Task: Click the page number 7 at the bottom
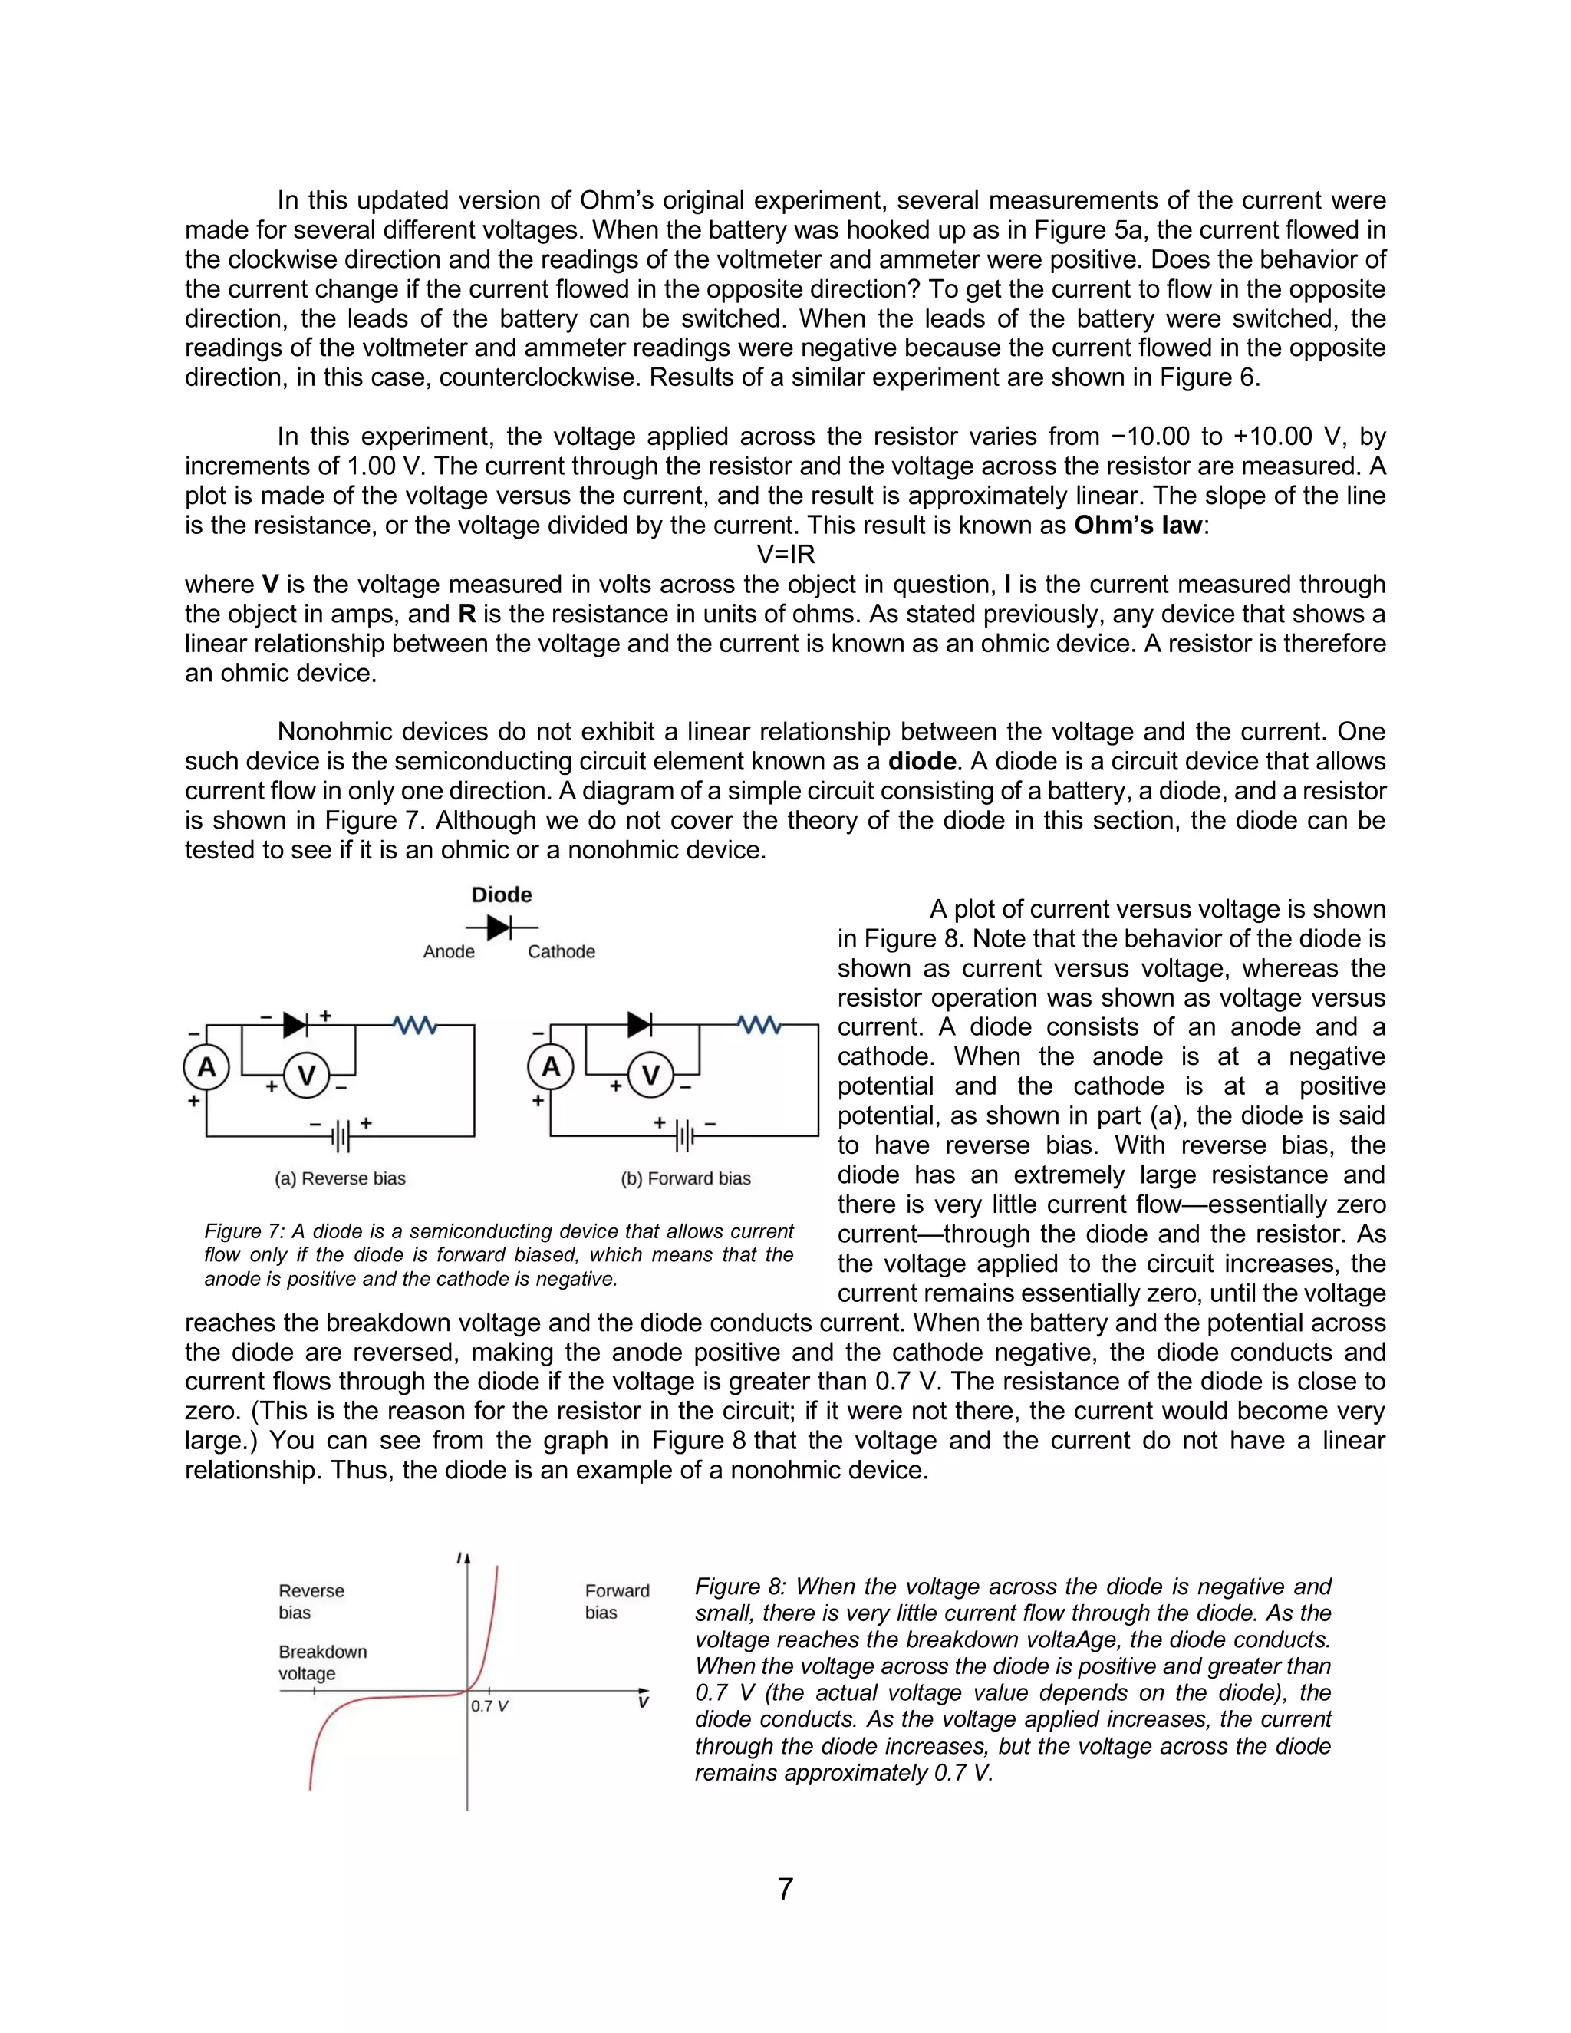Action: point(785,1888)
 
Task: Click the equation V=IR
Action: point(785,555)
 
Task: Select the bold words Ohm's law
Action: point(1138,525)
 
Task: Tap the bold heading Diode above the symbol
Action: point(502,895)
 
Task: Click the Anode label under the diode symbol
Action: point(449,951)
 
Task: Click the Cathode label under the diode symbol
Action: point(562,951)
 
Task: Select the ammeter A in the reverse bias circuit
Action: point(206,1067)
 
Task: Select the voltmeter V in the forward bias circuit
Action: point(650,1075)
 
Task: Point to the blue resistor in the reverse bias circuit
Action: point(415,1025)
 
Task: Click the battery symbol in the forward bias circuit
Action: point(685,1135)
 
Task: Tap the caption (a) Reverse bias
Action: point(340,1178)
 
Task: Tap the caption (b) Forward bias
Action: point(685,1178)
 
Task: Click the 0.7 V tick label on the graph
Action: point(489,1706)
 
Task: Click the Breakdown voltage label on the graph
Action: point(322,1662)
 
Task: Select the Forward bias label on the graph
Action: point(616,1601)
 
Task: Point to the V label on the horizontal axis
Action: point(642,1702)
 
